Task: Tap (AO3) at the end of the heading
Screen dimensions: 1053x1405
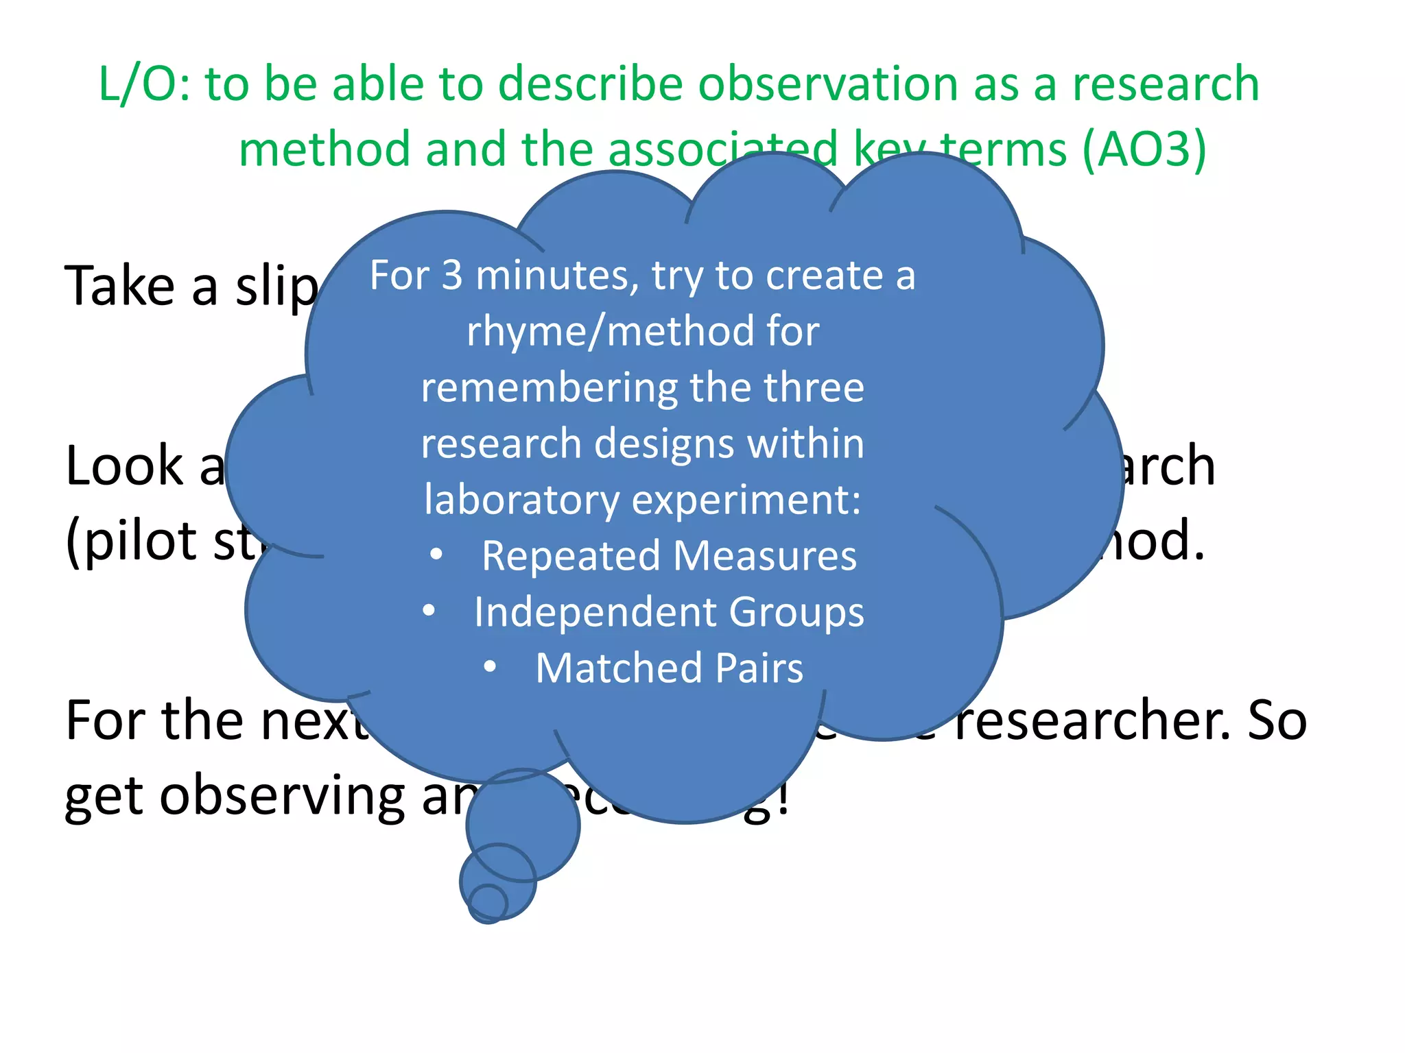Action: (x=1144, y=149)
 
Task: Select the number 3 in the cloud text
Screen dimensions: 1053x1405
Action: (x=451, y=276)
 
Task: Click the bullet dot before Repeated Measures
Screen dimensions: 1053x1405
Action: (x=436, y=555)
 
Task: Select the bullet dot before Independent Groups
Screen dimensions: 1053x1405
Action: (x=429, y=611)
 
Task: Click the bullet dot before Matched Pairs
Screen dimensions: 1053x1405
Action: (x=490, y=667)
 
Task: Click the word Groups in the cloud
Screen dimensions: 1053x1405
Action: (x=796, y=612)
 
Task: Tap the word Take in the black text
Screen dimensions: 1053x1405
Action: (x=119, y=286)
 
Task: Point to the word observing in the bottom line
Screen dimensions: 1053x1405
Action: (x=283, y=797)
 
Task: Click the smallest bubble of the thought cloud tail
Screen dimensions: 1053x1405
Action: (x=488, y=903)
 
